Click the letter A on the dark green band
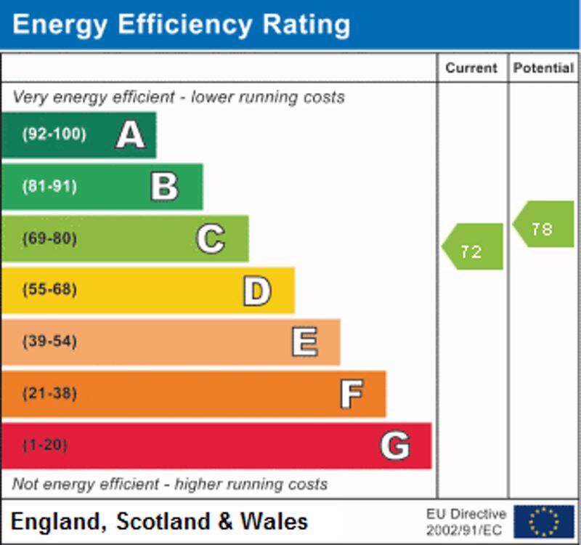[x=130, y=134]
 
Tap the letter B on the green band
[x=164, y=187]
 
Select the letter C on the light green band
[x=211, y=238]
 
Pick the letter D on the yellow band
[x=256, y=291]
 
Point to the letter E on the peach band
[x=304, y=342]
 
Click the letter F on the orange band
[x=352, y=394]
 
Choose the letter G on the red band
[x=395, y=445]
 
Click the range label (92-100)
[x=54, y=134]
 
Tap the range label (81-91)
[x=49, y=187]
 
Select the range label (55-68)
[x=49, y=290]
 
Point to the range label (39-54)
[x=49, y=342]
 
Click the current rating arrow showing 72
[x=473, y=247]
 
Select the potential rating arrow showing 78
[x=544, y=225]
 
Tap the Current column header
[x=471, y=68]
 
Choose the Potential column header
[x=543, y=68]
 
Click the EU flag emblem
[x=543, y=521]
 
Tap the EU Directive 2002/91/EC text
[x=466, y=521]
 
